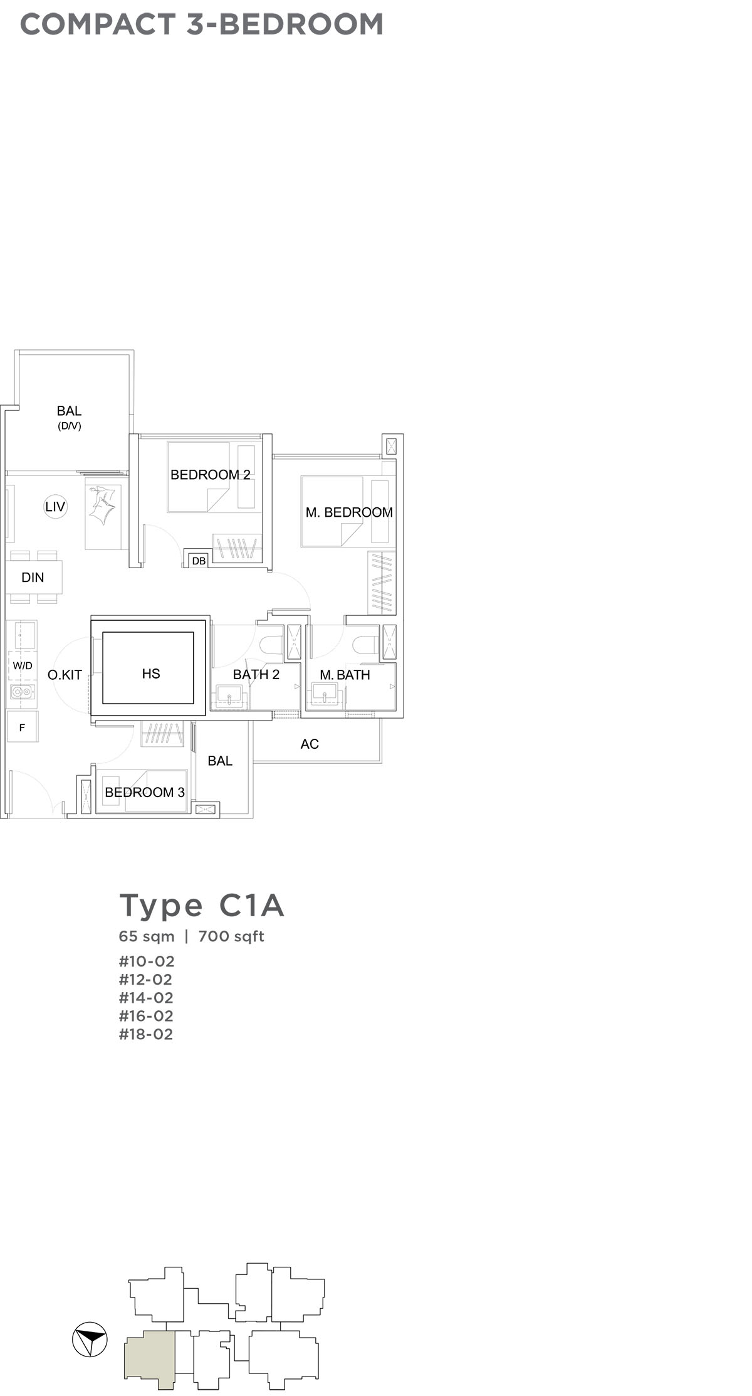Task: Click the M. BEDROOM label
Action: click(x=349, y=512)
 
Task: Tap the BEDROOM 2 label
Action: click(x=211, y=475)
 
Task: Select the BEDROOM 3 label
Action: click(x=145, y=792)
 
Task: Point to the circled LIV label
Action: click(x=55, y=507)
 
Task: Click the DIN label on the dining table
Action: click(x=33, y=578)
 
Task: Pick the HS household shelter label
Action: click(x=151, y=674)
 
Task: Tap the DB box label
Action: click(x=199, y=561)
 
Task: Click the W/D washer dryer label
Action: click(x=23, y=665)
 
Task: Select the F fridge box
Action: click(x=23, y=727)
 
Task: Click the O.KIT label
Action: click(x=65, y=675)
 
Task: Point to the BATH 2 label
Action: click(x=256, y=674)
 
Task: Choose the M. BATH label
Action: click(x=345, y=675)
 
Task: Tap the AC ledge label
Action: click(x=310, y=744)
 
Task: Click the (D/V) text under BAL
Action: click(x=69, y=426)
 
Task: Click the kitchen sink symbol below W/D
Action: click(x=23, y=692)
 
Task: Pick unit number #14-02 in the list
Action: click(x=145, y=998)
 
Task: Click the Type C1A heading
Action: click(x=202, y=906)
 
